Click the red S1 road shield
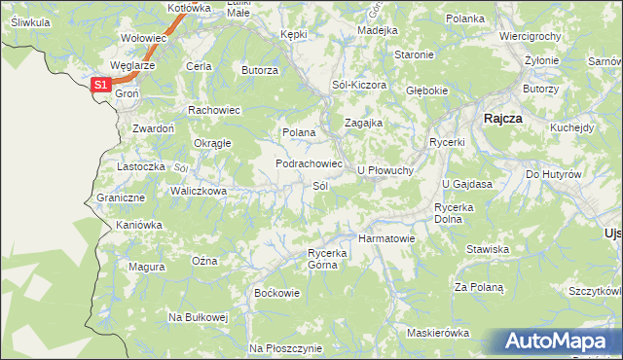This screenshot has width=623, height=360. click(x=101, y=86)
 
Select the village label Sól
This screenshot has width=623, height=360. click(x=319, y=186)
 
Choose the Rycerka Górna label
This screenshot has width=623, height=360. click(x=327, y=259)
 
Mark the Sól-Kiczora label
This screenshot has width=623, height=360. click(x=359, y=85)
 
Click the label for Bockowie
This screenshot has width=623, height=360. click(x=272, y=292)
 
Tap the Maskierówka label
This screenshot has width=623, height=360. click(x=438, y=333)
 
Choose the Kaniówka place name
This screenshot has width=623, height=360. click(x=138, y=225)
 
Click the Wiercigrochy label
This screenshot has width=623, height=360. click(x=530, y=36)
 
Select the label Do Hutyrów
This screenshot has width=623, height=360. click(x=553, y=174)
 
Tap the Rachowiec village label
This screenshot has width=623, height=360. click(x=214, y=109)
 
